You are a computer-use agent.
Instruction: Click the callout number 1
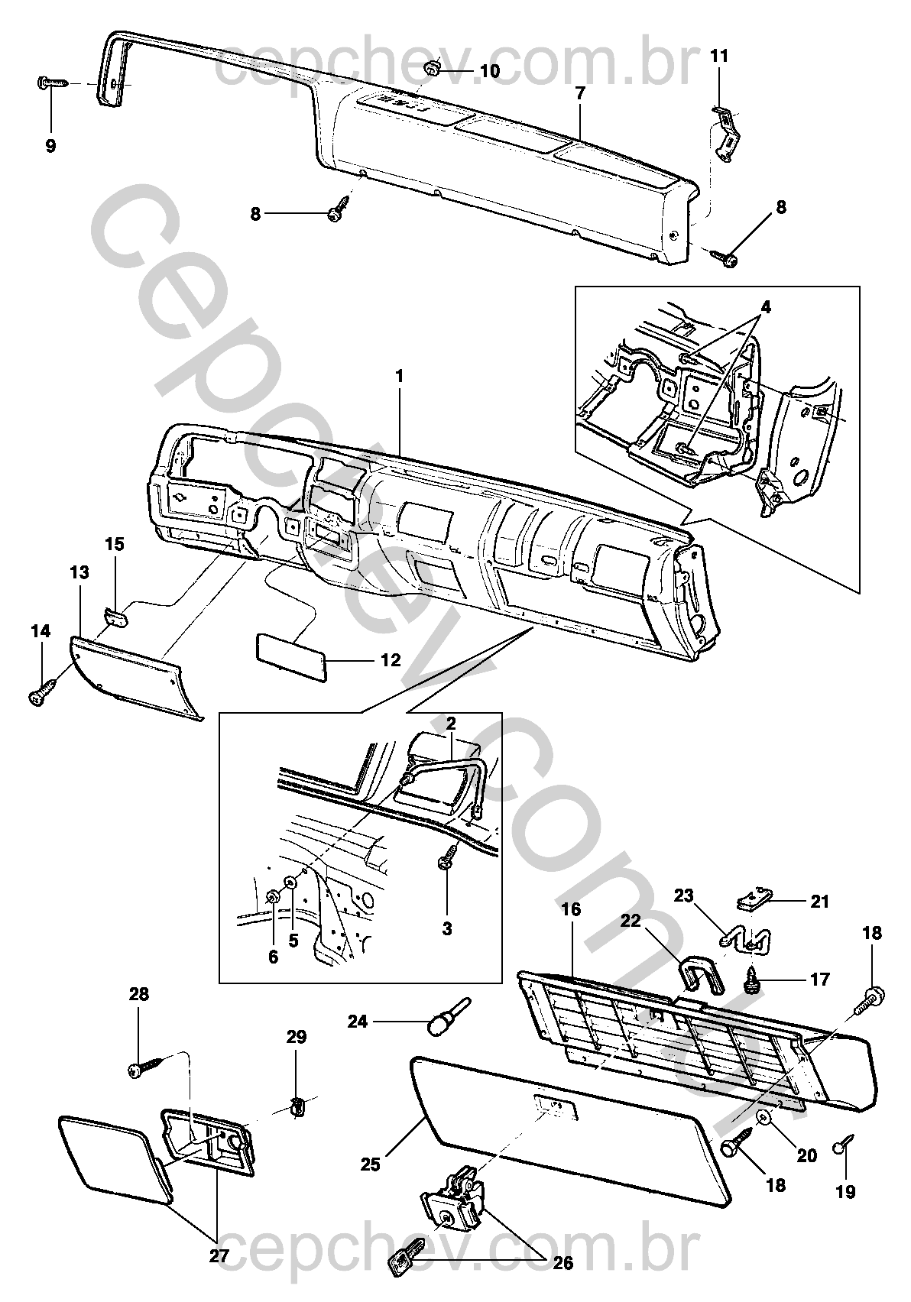[x=399, y=377]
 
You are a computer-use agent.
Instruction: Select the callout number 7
[x=580, y=94]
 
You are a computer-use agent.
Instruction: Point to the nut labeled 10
[x=431, y=70]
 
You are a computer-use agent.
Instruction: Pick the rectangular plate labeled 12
[x=290, y=656]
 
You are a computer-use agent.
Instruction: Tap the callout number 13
[x=79, y=572]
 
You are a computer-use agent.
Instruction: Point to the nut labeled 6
[x=273, y=896]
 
